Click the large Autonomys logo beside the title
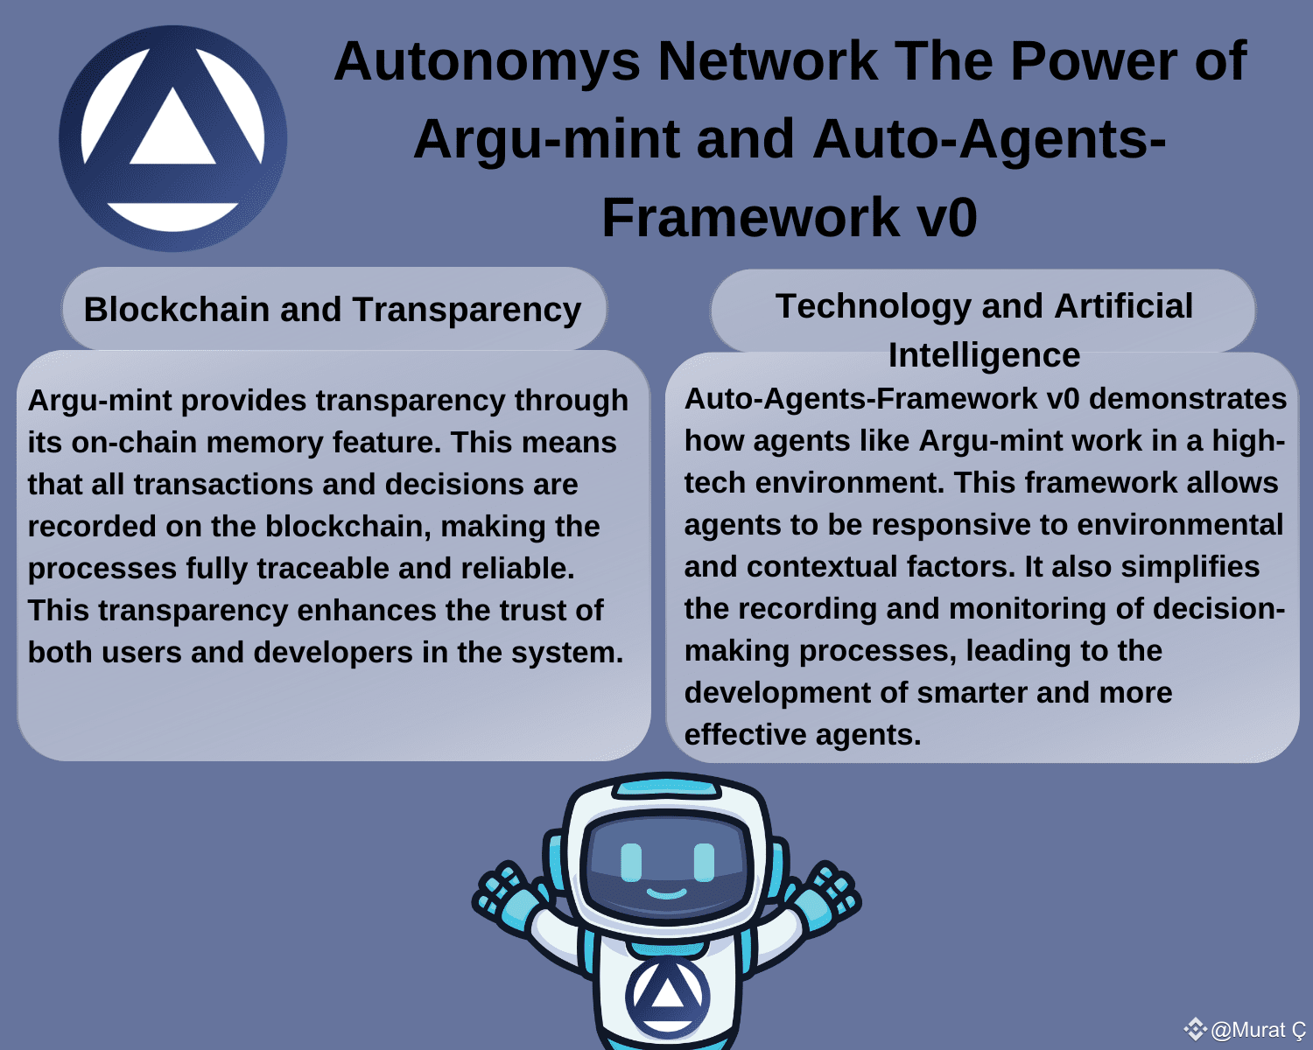point(172,138)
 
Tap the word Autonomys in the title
point(487,61)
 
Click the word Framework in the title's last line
point(750,217)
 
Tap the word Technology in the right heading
point(873,307)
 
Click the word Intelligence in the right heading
point(984,356)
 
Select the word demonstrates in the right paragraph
point(1188,399)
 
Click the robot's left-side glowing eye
point(631,863)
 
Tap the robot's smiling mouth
point(666,894)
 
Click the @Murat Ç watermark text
point(1258,1030)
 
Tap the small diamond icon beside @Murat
point(1195,1029)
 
